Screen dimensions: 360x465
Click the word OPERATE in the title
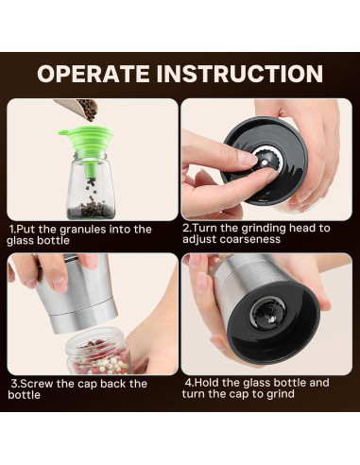[x=94, y=74]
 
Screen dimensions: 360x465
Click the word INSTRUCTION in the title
[x=240, y=74]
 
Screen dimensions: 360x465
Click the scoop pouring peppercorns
[x=78, y=110]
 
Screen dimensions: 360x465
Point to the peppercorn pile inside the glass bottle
[x=90, y=209]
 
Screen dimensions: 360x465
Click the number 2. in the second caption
[x=186, y=228]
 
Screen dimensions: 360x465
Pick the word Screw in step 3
[x=34, y=384]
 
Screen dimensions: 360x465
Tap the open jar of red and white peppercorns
[x=98, y=352]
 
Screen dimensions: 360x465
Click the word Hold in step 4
[x=207, y=383]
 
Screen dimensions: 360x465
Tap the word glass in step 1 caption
[x=21, y=241]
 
